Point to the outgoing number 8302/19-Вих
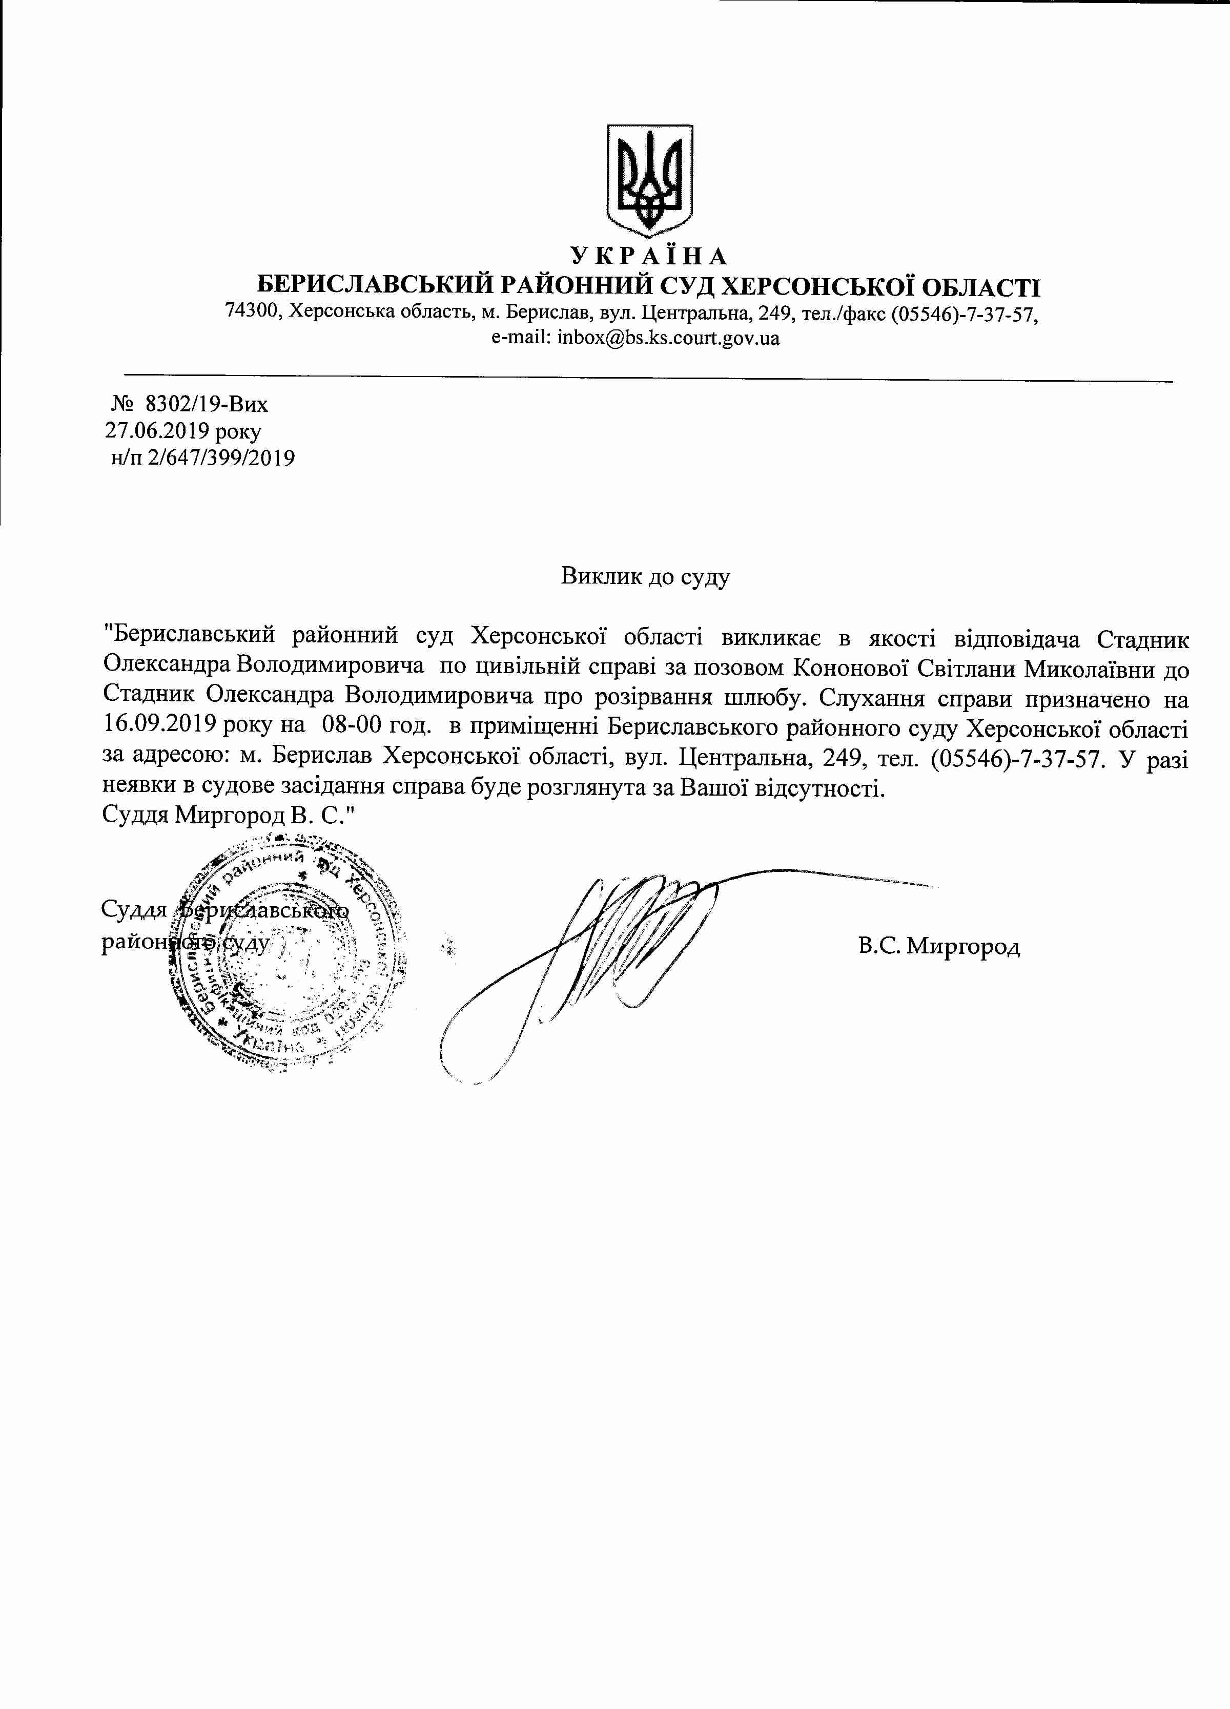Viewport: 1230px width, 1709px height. point(207,405)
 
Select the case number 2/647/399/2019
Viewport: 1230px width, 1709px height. point(221,457)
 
